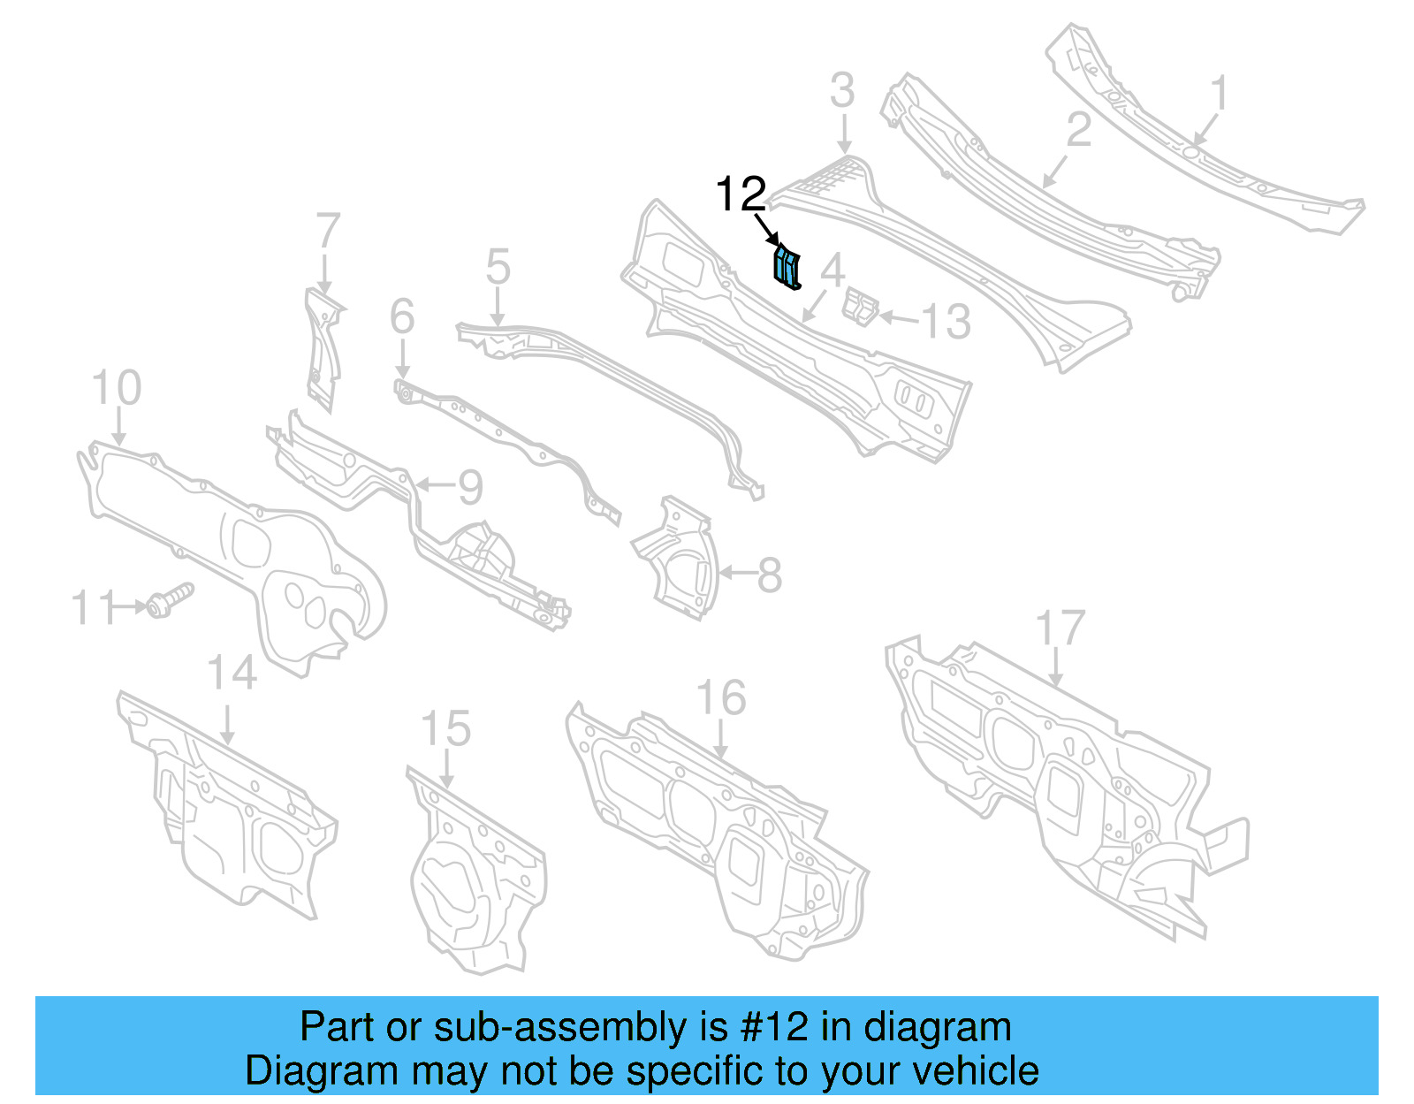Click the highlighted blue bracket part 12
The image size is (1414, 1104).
pyautogui.click(x=786, y=269)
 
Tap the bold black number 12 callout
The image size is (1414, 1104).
pyautogui.click(x=740, y=194)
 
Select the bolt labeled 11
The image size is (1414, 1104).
pyautogui.click(x=168, y=601)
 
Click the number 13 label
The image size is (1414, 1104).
pyautogui.click(x=946, y=322)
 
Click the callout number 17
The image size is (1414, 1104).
pyautogui.click(x=1060, y=628)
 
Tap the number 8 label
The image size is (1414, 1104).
pyautogui.click(x=770, y=575)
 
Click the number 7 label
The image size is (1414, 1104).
pyautogui.click(x=328, y=231)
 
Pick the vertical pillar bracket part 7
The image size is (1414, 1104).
pyautogui.click(x=323, y=349)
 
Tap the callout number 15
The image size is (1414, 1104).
pyautogui.click(x=445, y=729)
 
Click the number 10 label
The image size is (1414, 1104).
pyautogui.click(x=117, y=388)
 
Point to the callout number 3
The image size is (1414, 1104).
pyautogui.click(x=842, y=91)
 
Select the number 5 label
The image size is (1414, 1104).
pyautogui.click(x=498, y=266)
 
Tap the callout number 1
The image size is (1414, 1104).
pyautogui.click(x=1219, y=93)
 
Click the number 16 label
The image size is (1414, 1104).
pyautogui.click(x=721, y=698)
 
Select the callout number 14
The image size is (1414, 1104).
pyautogui.click(x=232, y=673)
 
